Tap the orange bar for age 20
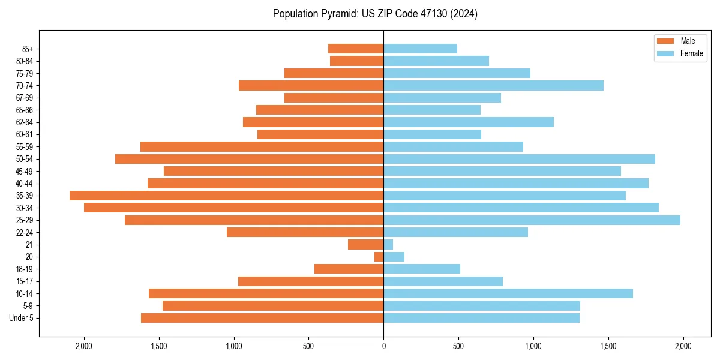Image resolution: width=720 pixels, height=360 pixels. tap(379, 257)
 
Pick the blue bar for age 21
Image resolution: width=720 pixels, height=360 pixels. tap(388, 245)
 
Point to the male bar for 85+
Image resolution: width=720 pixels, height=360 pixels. tap(356, 49)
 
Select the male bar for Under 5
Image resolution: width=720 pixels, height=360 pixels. tap(262, 318)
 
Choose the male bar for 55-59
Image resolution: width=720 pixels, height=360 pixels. tap(262, 147)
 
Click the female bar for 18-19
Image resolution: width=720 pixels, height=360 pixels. tap(422, 269)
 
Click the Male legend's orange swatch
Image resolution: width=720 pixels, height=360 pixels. tap(666, 41)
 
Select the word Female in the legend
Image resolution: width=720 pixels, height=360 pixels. tap(691, 53)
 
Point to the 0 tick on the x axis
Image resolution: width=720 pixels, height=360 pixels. tap(383, 346)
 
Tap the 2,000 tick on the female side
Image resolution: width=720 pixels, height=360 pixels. tap(683, 346)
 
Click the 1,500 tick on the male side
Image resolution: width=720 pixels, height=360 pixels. tap(158, 346)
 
